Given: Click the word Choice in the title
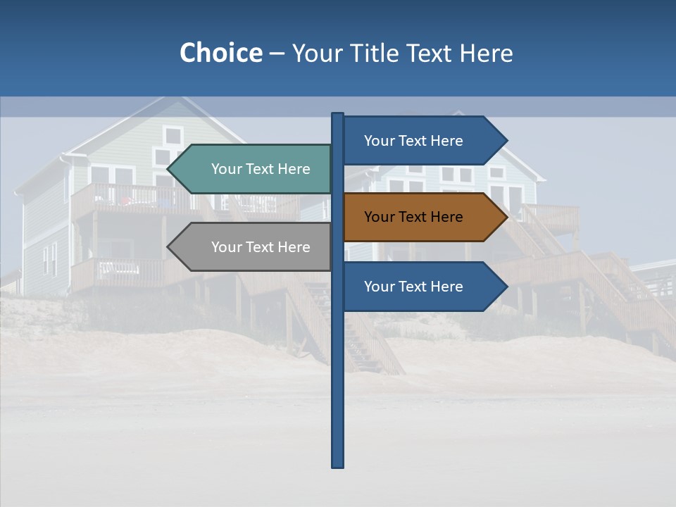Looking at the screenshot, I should tap(220, 53).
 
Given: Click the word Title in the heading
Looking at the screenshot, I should tap(374, 53).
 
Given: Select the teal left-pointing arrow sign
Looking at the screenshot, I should tap(254, 169).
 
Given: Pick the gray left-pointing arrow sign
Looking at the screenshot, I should tap(254, 247).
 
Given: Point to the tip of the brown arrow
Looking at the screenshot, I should tap(506, 217).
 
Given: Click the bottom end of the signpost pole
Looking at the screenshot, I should tap(338, 465).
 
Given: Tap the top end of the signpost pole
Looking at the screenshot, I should tap(338, 114).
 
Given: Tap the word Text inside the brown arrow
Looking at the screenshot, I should tap(413, 217).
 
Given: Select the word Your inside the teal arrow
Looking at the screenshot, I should tap(227, 169).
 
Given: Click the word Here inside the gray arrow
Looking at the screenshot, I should tap(294, 247).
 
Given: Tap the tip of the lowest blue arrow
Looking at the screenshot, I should tap(506, 287).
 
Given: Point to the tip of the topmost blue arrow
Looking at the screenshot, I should tap(506, 141).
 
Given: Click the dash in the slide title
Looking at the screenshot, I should tap(277, 54).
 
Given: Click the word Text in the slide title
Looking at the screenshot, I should tap(429, 53).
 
